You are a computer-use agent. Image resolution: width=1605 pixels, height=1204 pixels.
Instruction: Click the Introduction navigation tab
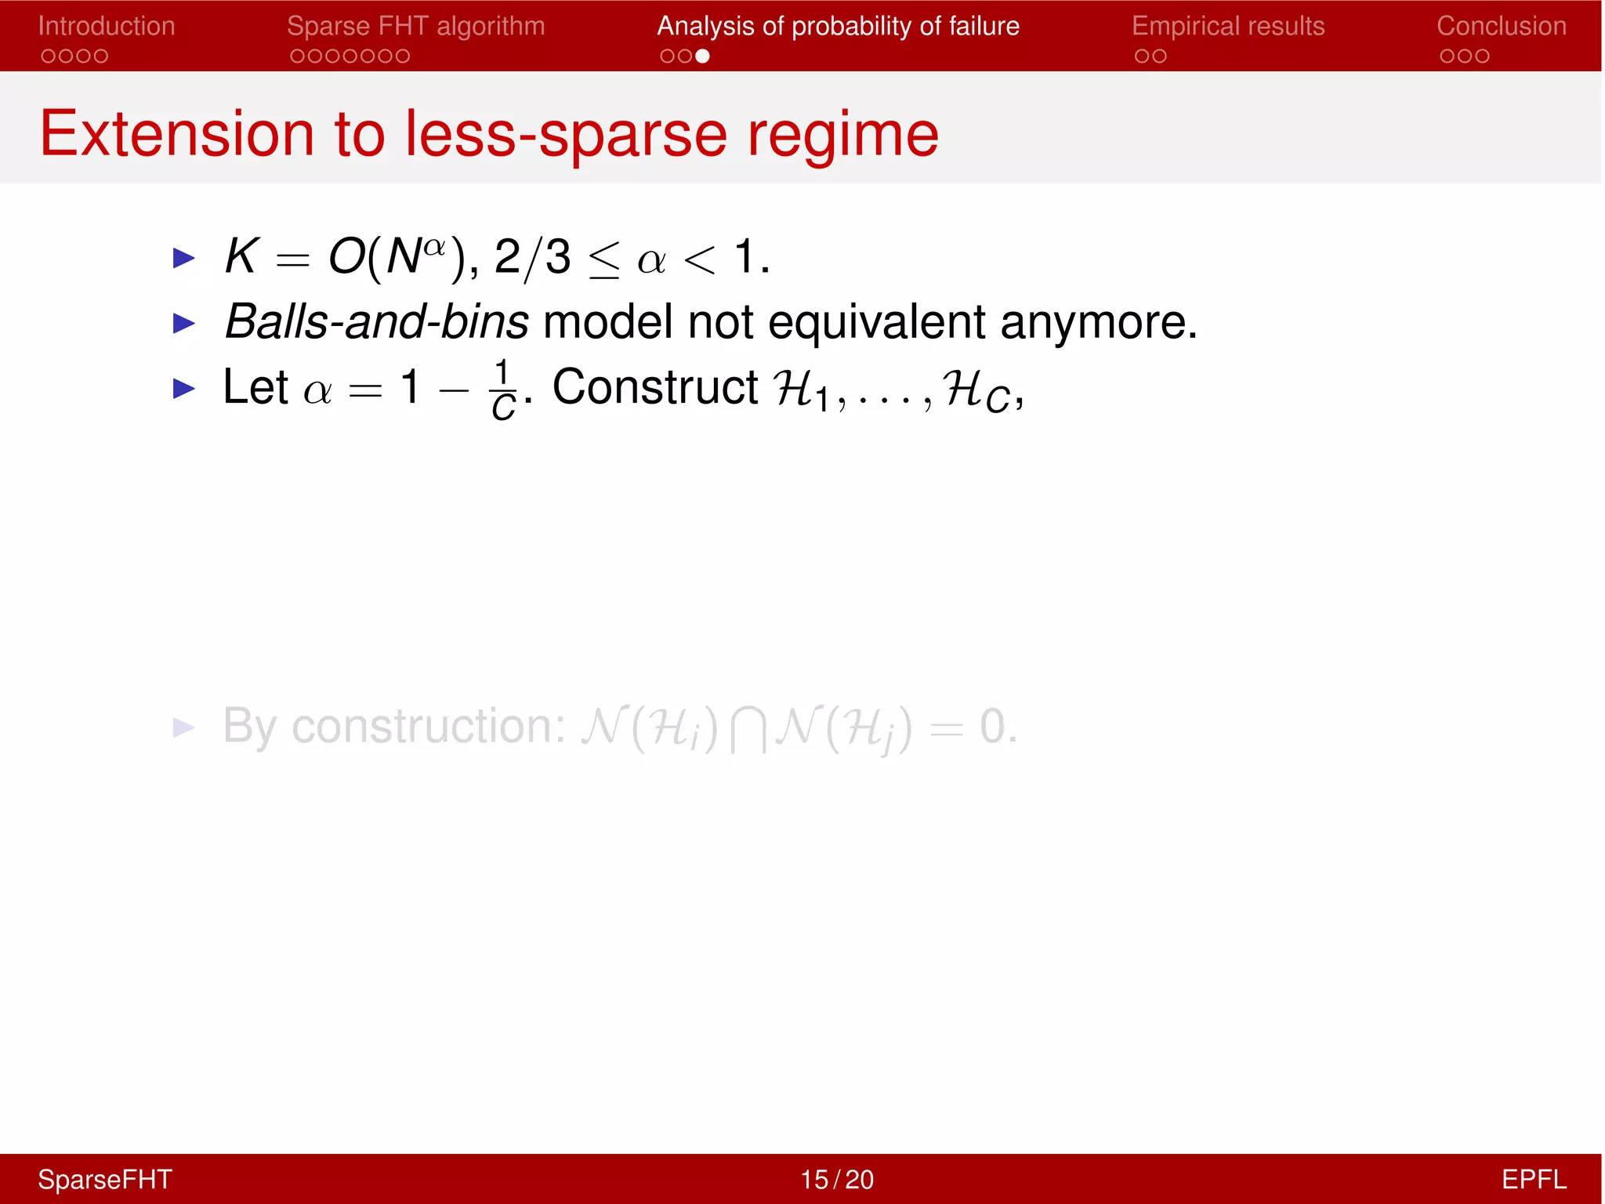click(107, 26)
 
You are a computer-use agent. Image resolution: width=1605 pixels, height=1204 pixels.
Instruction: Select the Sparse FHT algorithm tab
click(415, 26)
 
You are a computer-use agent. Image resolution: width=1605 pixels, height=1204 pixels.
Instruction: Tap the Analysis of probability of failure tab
click(838, 26)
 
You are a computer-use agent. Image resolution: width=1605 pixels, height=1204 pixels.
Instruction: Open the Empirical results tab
click(1227, 26)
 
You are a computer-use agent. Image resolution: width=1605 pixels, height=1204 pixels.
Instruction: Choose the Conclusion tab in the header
click(1501, 26)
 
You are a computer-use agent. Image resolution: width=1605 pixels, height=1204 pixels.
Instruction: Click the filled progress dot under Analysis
click(702, 56)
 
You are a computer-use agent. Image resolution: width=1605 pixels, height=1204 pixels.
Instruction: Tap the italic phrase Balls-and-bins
click(376, 321)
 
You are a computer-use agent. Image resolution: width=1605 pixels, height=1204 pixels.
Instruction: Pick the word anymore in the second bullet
click(1099, 321)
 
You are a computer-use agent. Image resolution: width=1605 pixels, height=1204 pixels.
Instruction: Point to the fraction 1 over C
click(503, 390)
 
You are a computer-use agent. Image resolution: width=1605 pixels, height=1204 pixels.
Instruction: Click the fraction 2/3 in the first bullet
click(533, 257)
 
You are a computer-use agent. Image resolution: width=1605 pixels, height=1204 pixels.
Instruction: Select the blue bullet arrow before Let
click(183, 387)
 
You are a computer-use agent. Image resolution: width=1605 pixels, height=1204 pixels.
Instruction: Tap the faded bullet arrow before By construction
click(183, 727)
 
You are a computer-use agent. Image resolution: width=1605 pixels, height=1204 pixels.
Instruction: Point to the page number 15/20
click(836, 1179)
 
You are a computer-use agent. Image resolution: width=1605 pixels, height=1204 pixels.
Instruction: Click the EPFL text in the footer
click(1533, 1179)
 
